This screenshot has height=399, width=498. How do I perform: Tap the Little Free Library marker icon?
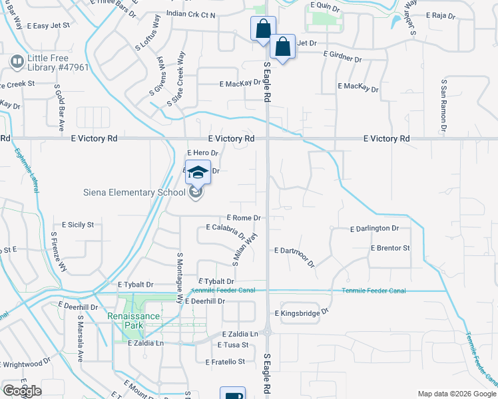coord(17,63)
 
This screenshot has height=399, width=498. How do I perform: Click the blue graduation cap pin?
coord(198,172)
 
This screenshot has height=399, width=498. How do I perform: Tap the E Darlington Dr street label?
coord(374,228)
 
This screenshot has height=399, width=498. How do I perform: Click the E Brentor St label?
coord(390,248)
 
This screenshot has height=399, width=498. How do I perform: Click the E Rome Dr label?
coord(243,217)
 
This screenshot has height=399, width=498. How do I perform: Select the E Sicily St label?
coord(77,225)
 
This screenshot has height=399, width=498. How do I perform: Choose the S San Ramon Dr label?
coord(443,104)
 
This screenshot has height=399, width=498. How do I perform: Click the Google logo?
coord(22,391)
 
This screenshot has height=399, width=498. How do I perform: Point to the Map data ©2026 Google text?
coord(456,394)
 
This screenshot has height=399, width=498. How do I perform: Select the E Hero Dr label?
coord(202,153)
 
